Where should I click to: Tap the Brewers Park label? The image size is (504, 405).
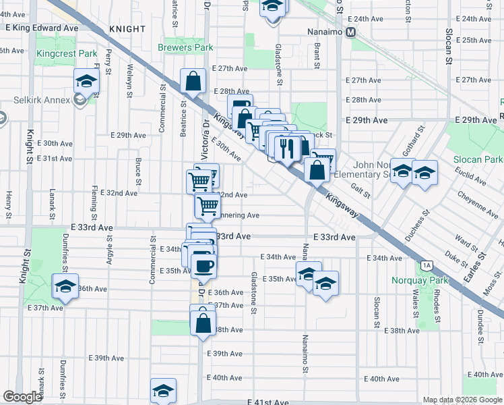coord(185,47)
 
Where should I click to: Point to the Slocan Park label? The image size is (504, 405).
coord(483,159)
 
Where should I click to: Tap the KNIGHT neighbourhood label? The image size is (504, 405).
coord(125,29)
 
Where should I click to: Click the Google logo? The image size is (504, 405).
coord(23,397)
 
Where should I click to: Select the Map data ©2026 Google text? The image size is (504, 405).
coord(462,400)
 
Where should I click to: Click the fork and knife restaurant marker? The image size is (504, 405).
coord(288,148)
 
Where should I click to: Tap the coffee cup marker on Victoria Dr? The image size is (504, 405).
coord(203,265)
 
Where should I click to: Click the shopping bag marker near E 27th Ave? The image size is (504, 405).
coord(193,81)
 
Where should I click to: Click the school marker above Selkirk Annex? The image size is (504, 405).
coord(86,82)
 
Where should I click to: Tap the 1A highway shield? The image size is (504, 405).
coord(426,265)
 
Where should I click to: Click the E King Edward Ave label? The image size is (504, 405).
coord(42,28)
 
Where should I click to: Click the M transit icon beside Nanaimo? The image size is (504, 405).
coord(350,32)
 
